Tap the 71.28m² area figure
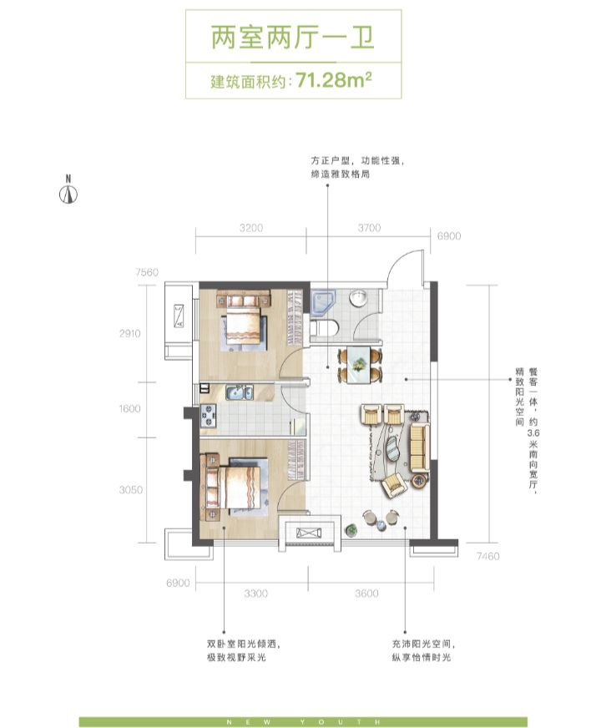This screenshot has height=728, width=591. click(334, 80)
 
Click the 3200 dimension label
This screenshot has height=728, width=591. click(251, 228)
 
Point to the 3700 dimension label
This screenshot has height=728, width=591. click(369, 228)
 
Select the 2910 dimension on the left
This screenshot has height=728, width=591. click(129, 333)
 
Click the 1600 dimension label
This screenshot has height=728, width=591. click(129, 408)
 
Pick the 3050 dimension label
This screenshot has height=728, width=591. click(131, 490)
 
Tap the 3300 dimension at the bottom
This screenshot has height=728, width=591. click(255, 594)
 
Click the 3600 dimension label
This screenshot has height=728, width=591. click(366, 594)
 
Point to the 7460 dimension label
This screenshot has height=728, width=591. click(488, 556)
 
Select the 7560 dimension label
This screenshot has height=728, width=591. click(147, 272)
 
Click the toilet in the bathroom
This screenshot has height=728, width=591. click(324, 328)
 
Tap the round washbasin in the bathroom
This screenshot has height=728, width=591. click(358, 298)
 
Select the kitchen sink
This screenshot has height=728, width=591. click(239, 392)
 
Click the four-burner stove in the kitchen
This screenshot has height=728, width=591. click(208, 416)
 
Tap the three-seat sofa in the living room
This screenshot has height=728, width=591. click(419, 447)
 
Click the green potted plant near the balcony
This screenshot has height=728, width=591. click(351, 530)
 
